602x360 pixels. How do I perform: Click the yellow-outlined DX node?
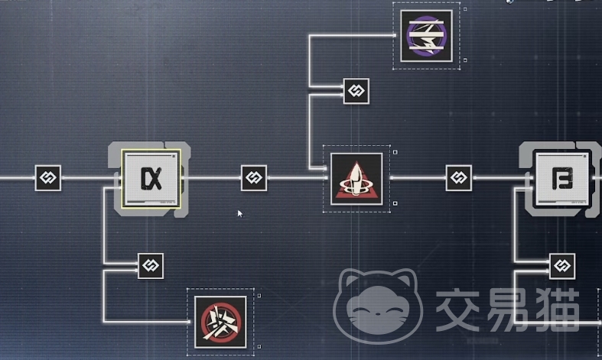pos(151,179)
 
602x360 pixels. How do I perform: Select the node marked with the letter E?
pos(561,179)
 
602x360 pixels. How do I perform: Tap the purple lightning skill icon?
pos(426,35)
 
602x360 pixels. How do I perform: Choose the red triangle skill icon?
pos(356,179)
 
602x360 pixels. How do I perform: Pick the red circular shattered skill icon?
pos(220,321)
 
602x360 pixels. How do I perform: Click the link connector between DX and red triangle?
pos(254,178)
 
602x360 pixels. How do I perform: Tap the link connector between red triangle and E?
pos(458,178)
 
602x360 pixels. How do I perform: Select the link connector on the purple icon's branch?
pos(356,91)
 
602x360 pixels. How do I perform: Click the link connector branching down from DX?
pos(150,265)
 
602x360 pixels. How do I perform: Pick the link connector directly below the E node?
pos(562,266)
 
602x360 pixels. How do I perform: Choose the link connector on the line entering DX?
pos(47,178)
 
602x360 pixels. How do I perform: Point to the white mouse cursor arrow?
pos(240,214)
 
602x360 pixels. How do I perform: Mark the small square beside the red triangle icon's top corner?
pos(395,151)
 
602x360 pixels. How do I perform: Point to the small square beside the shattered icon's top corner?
pos(259,294)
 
